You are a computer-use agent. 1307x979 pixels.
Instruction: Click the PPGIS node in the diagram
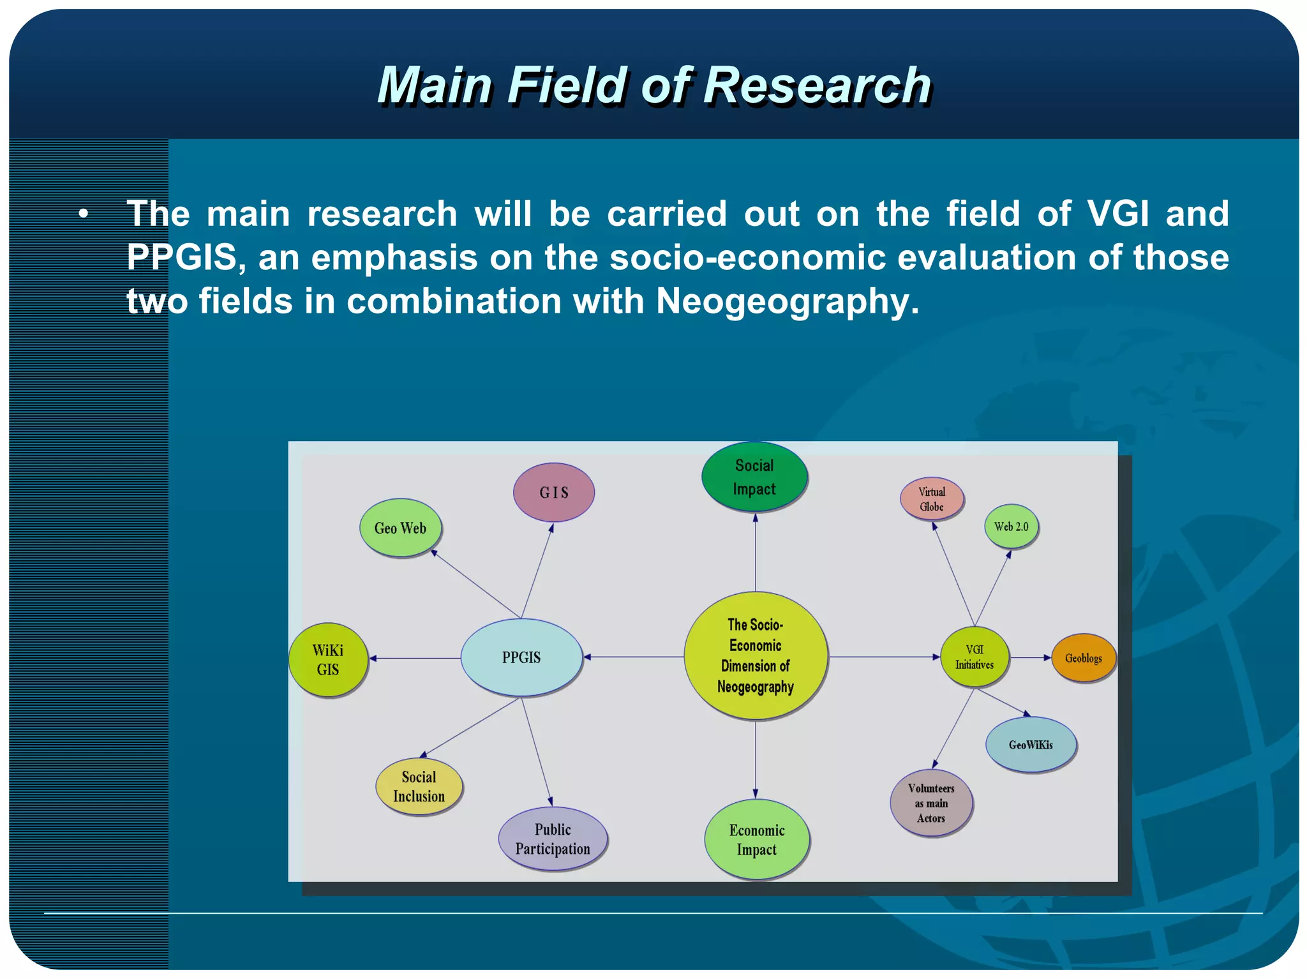click(x=521, y=657)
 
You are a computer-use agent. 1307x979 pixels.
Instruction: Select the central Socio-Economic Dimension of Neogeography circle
click(x=756, y=656)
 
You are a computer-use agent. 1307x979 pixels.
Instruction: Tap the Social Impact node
click(x=754, y=477)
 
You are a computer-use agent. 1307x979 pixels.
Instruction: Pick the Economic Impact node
click(x=757, y=840)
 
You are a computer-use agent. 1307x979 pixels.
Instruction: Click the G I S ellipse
click(x=554, y=493)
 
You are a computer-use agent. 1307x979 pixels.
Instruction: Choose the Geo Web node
click(x=400, y=528)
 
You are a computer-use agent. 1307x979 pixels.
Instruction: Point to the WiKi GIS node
click(x=328, y=660)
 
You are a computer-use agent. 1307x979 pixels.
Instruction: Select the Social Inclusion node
click(x=419, y=786)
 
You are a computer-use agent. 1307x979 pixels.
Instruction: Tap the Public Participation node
click(x=553, y=839)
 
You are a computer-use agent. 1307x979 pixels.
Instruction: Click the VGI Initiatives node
click(x=975, y=657)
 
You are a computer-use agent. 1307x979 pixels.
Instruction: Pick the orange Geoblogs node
click(x=1083, y=658)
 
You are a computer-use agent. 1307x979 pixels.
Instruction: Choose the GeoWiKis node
click(x=1031, y=745)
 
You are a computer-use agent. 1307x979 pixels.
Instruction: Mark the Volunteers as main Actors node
click(x=931, y=803)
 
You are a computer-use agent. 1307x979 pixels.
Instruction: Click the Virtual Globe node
click(x=932, y=499)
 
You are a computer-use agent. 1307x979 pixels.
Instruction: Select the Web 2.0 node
click(x=1012, y=527)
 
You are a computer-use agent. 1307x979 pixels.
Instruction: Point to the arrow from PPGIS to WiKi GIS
click(x=415, y=658)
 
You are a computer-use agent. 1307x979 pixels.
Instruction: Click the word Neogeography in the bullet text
click(x=788, y=301)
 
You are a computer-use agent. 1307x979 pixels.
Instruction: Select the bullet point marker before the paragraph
click(x=84, y=214)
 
